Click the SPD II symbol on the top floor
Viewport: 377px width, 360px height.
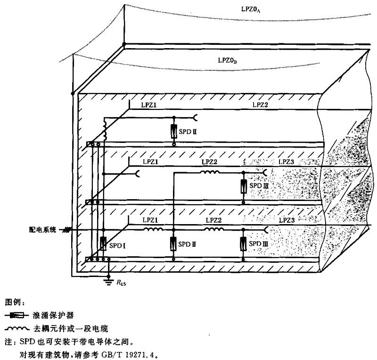click(174, 132)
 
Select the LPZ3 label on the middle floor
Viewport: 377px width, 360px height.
click(286, 162)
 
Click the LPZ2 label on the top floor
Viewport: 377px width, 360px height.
click(260, 105)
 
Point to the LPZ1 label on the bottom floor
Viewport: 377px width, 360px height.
click(150, 220)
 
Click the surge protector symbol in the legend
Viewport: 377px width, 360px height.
click(17, 314)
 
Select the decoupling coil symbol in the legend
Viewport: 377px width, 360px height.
click(17, 327)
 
